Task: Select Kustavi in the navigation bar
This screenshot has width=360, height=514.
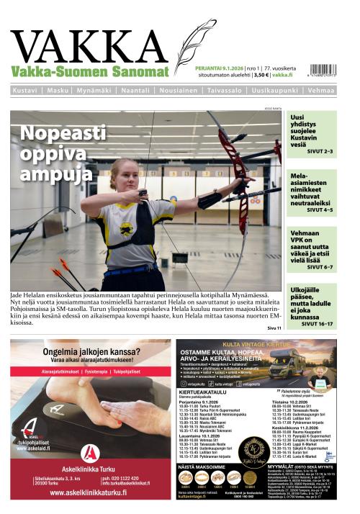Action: (x=25, y=91)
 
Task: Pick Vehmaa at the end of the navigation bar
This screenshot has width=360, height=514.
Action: (x=320, y=91)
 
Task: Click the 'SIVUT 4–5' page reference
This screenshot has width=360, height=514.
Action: (x=320, y=209)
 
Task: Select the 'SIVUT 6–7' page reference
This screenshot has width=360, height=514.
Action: (x=320, y=267)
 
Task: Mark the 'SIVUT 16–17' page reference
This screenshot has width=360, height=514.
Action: (x=319, y=325)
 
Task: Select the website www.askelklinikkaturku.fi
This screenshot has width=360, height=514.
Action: (x=90, y=494)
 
